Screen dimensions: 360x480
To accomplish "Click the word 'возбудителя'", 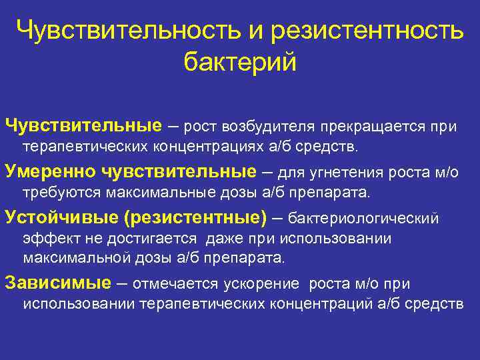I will tap(271, 126).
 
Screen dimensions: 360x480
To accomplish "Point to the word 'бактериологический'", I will tap(363, 219).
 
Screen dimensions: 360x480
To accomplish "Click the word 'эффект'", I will tap(43, 238).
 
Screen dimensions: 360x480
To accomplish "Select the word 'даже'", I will tap(226, 238).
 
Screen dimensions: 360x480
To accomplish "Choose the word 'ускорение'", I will tap(261, 283).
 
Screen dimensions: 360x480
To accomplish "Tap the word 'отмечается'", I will tap(175, 283).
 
